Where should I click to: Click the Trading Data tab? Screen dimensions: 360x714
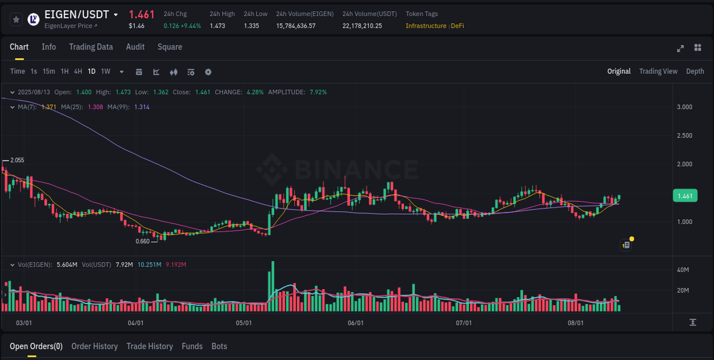[x=91, y=47]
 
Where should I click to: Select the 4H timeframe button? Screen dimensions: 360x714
[x=78, y=71]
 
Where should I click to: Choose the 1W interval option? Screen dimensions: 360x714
[x=106, y=71]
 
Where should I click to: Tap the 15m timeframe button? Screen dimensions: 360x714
[x=49, y=71]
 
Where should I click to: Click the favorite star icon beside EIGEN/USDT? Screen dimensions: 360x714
[x=17, y=19]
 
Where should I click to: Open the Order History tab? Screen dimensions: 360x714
[x=94, y=346]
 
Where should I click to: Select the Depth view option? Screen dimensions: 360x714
[x=695, y=71]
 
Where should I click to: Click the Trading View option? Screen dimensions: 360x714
[x=658, y=71]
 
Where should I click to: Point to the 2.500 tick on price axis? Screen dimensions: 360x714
[x=684, y=135]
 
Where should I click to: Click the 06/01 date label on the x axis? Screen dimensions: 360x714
[x=355, y=323]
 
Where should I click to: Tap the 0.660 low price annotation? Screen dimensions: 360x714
[x=142, y=241]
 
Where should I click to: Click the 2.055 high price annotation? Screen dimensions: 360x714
[x=17, y=161]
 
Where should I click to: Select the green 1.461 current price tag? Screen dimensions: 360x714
[x=685, y=196]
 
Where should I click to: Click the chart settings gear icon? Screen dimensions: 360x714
[x=208, y=72]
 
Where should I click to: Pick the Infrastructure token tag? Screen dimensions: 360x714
[x=426, y=26]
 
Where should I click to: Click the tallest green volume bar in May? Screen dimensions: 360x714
[x=273, y=286]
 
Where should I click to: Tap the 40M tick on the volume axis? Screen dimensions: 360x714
[x=683, y=270]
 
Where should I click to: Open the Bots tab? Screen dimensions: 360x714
[x=219, y=346]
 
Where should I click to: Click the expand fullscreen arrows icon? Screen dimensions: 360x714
[x=680, y=48]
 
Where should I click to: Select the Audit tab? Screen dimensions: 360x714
[x=135, y=47]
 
